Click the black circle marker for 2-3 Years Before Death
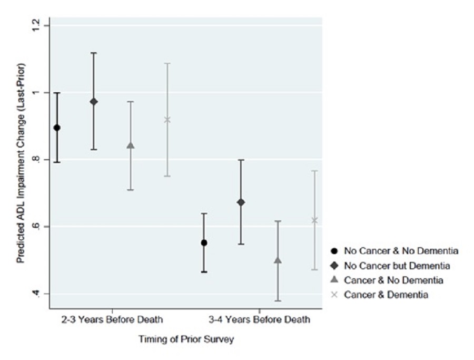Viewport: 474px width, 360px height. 57,128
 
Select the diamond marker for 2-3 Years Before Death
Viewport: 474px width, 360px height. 94,101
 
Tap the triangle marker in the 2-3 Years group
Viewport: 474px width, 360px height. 131,145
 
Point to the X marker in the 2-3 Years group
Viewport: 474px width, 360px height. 167,120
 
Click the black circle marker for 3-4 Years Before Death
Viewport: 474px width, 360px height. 204,242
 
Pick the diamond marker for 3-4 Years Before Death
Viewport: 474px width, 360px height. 241,202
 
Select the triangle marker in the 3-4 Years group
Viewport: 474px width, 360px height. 278,260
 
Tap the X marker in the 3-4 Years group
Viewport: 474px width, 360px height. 314,220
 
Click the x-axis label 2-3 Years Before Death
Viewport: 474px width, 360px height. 112,319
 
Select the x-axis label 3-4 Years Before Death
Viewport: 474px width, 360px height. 259,319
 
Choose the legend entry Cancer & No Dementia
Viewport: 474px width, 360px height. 389,280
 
